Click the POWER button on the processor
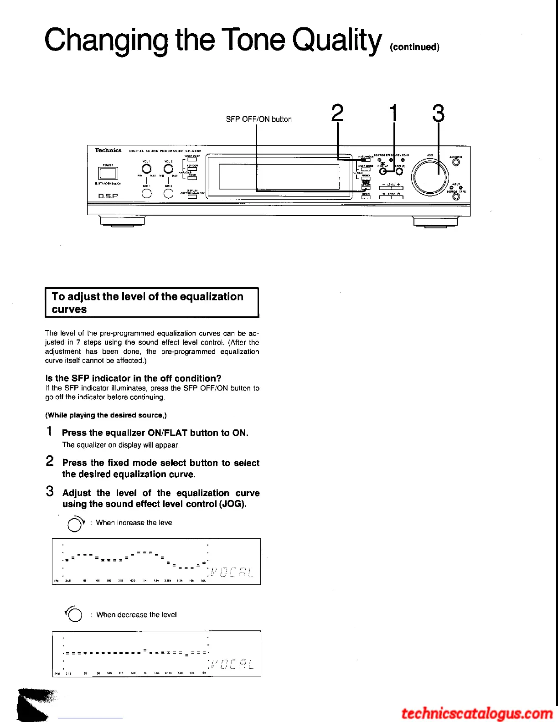pos(108,173)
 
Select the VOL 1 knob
pos(146,169)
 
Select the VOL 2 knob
pos(168,169)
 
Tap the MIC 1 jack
pos(146,193)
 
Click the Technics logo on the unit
pos(108,150)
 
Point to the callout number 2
pos(337,113)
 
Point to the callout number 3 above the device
pos(438,113)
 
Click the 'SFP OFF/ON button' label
pos(258,119)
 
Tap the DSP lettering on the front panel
pos(108,196)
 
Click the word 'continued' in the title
pos(415,47)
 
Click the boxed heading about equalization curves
pos(152,303)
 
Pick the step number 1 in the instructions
pos(50,431)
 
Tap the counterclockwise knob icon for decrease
pos(74,615)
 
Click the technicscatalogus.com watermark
pos(477,713)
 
